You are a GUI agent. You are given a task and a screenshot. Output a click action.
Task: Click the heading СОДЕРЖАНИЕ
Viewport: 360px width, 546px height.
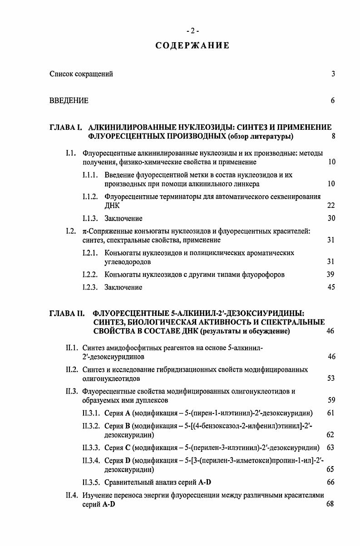tap(192, 46)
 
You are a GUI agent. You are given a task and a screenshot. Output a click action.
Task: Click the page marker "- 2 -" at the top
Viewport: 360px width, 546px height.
tap(192, 31)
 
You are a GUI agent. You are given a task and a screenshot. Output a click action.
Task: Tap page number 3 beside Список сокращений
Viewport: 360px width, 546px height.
tap(333, 74)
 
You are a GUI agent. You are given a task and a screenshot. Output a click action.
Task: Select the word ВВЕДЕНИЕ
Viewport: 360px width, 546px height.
tap(69, 100)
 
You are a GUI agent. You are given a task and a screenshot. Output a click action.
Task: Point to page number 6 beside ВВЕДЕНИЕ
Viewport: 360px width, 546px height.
tap(333, 100)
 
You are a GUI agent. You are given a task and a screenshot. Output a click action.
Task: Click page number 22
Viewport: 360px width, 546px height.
tap(331, 205)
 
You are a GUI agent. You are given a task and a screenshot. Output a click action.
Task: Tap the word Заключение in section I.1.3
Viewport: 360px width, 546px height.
tap(123, 218)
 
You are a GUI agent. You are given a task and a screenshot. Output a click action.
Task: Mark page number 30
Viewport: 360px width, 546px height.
tap(331, 218)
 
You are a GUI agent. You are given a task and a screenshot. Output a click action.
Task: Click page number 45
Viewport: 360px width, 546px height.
tap(331, 287)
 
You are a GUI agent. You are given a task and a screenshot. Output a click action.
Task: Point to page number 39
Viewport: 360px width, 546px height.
tap(331, 274)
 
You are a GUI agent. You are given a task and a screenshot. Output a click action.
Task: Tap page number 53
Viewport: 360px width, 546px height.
tap(331, 379)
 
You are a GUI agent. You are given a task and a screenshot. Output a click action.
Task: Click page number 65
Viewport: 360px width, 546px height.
tap(331, 469)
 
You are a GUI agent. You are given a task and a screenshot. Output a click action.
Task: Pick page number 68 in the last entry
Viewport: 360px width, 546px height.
tap(330, 504)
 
